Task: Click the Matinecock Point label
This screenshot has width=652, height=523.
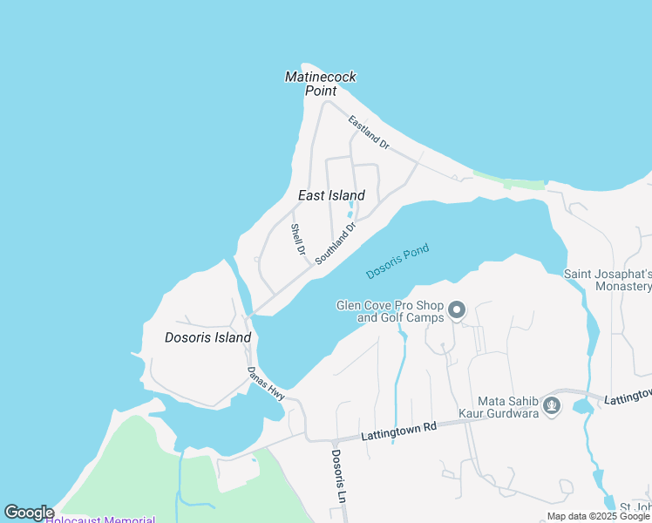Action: tap(321, 84)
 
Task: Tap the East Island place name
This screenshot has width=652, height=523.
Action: tap(331, 195)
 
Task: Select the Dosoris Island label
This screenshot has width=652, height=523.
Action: tap(207, 337)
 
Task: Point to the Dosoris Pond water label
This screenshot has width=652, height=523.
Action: tap(397, 261)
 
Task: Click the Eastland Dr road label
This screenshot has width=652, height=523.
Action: tap(368, 131)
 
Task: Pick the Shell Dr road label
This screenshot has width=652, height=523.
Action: tap(298, 240)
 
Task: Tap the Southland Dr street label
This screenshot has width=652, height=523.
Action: tap(336, 244)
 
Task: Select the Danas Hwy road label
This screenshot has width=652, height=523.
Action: tap(266, 384)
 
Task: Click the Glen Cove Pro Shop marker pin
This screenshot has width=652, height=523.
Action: tap(457, 310)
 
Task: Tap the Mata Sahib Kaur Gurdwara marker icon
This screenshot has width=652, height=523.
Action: tap(551, 405)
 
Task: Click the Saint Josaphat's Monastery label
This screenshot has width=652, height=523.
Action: tap(608, 280)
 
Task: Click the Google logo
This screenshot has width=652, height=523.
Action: tap(29, 513)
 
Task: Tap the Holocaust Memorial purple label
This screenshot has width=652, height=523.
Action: tap(100, 520)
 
